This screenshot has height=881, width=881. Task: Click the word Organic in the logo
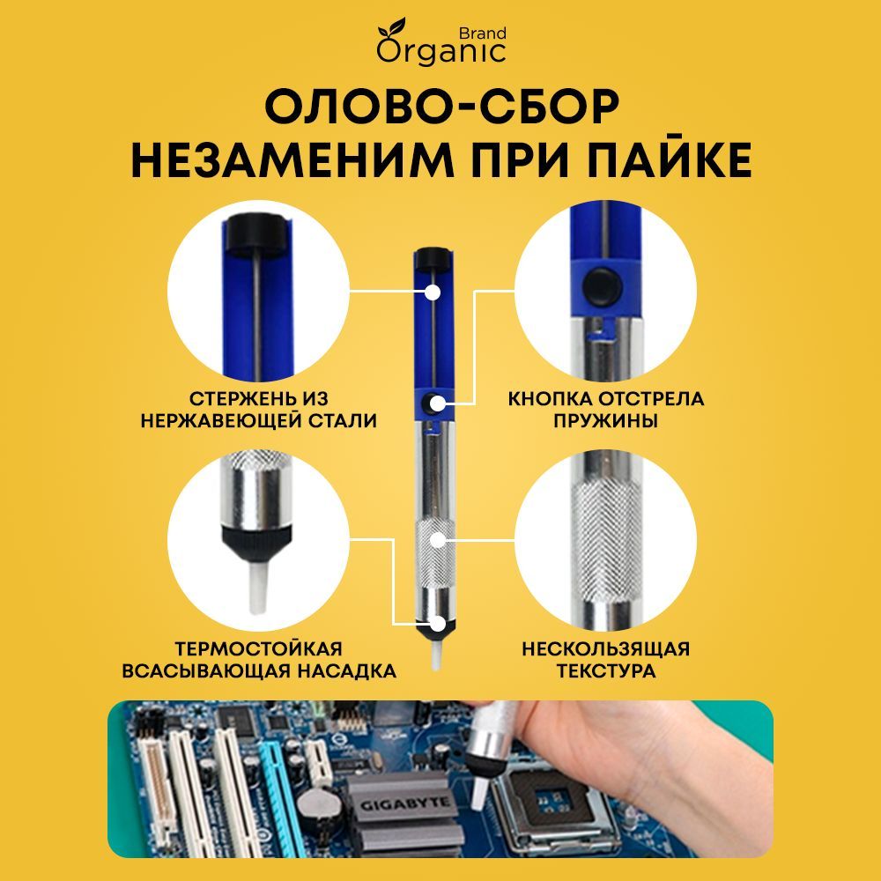click(x=441, y=51)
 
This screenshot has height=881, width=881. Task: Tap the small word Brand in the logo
click(x=483, y=33)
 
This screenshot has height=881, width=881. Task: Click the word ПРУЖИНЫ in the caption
click(x=605, y=421)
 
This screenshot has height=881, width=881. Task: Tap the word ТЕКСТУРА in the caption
click(x=605, y=671)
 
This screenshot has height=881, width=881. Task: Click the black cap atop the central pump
click(x=431, y=258)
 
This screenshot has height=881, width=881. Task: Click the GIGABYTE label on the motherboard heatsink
click(x=406, y=803)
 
